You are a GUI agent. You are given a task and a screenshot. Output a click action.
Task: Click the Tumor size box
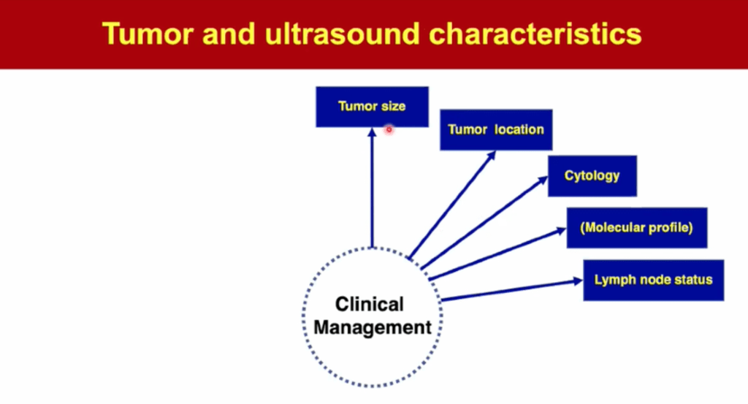point(372,107)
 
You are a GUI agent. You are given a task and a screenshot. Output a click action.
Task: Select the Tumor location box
point(496,130)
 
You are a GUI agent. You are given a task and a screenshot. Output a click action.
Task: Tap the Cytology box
point(592,176)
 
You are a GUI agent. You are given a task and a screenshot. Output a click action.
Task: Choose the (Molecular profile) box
point(636,227)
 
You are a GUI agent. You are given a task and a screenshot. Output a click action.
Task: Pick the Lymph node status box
point(653,280)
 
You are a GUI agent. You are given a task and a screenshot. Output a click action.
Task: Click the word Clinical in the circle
point(370,304)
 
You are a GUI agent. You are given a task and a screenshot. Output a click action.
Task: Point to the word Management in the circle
point(373,327)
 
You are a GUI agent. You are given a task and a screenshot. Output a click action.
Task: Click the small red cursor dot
point(389,129)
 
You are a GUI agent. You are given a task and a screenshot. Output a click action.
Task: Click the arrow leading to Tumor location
point(453,204)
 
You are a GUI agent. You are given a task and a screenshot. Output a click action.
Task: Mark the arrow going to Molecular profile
point(497,253)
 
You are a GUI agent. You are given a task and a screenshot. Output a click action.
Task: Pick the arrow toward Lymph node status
point(511,290)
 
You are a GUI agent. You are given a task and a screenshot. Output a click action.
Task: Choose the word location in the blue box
point(519,130)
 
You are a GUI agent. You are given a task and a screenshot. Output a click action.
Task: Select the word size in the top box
point(392,107)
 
